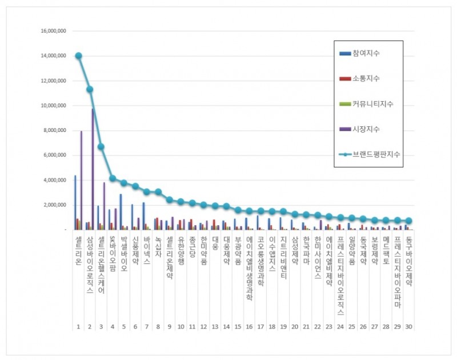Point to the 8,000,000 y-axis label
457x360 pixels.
tap(53, 130)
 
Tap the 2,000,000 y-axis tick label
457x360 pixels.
tap(53, 205)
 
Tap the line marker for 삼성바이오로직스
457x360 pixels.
tap(90, 89)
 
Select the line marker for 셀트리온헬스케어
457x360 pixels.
tap(101, 147)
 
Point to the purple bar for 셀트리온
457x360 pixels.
tap(81, 180)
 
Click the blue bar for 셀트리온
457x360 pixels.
tap(75, 202)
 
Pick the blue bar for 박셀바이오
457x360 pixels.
tap(121, 211)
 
